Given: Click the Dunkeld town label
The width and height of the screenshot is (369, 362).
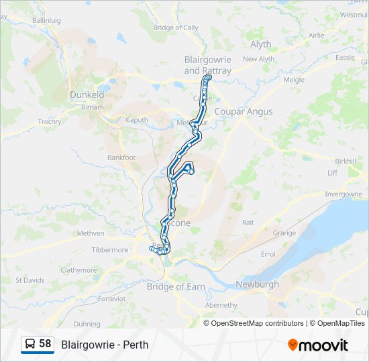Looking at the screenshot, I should (x=87, y=95).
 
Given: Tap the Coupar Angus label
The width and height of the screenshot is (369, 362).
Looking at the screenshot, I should (x=244, y=111).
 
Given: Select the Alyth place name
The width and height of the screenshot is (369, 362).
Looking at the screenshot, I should (x=261, y=44).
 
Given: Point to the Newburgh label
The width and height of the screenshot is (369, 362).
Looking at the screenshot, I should (x=257, y=284).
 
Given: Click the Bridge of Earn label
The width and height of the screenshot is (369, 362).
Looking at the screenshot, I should (x=176, y=286).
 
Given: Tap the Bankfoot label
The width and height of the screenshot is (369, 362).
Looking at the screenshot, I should (x=121, y=158).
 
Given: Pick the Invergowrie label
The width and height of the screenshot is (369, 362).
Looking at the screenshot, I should (x=343, y=194).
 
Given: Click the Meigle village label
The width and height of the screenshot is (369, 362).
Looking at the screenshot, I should (x=294, y=79).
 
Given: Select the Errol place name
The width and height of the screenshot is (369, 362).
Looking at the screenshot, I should (x=268, y=254).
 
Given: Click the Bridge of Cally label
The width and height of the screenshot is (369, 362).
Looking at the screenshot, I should (x=176, y=27).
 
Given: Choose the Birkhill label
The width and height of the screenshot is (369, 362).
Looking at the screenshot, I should (x=346, y=161).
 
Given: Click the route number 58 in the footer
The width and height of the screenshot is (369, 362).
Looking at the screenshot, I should (x=45, y=344).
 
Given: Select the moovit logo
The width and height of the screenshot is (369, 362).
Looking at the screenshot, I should (x=318, y=345).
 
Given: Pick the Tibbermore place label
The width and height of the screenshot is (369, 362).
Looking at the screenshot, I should (x=110, y=250).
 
